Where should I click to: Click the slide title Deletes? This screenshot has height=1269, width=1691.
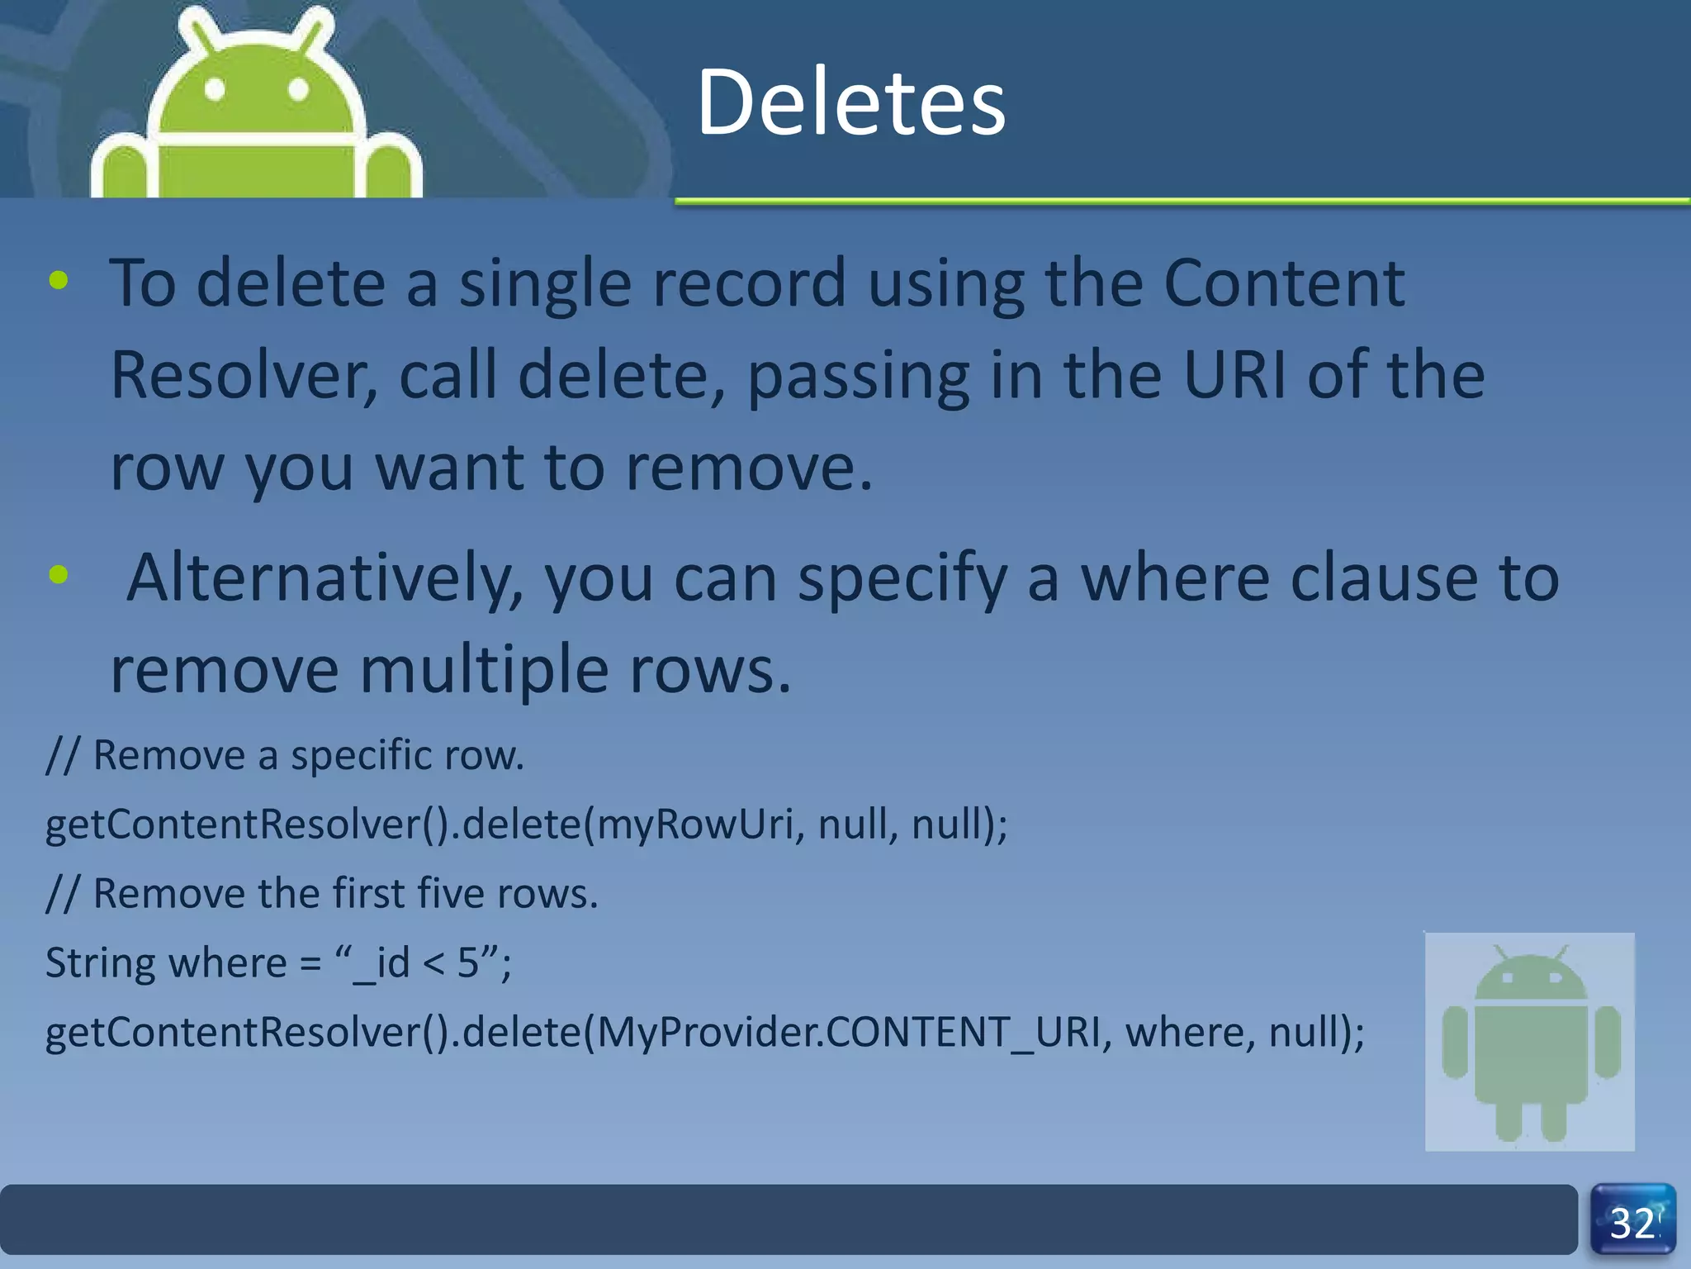click(x=850, y=102)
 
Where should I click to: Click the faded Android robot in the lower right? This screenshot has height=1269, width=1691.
click(x=1530, y=1042)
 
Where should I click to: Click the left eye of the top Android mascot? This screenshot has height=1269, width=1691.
click(x=215, y=88)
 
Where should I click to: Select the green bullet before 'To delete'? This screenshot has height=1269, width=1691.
click(x=59, y=281)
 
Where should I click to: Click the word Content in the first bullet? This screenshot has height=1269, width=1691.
click(x=1283, y=283)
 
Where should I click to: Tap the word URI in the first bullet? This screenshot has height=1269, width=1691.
click(x=1234, y=375)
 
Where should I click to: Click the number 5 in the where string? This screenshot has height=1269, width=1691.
click(x=467, y=963)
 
